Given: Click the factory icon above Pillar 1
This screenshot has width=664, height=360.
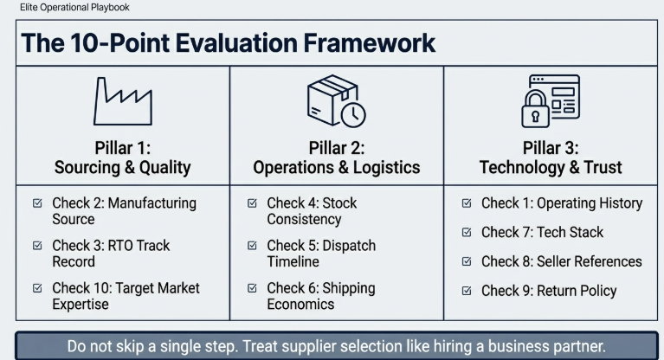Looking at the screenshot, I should click(x=122, y=101).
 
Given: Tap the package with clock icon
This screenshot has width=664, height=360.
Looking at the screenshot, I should click(x=336, y=100).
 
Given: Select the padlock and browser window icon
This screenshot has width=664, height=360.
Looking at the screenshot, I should click(x=550, y=100).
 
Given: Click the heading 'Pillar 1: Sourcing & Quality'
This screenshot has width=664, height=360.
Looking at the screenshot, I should click(x=122, y=157).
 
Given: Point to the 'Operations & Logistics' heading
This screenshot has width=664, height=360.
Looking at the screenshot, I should click(x=336, y=168).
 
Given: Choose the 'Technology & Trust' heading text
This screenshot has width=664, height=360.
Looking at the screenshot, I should click(x=550, y=168).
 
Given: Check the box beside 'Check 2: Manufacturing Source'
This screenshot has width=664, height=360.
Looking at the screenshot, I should click(x=37, y=204).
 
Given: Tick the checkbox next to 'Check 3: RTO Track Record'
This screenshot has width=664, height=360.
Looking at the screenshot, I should click(x=37, y=246).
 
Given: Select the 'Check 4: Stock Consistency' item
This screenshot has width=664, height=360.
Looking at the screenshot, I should click(x=312, y=211).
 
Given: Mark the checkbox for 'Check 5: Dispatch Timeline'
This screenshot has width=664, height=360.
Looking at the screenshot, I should click(x=252, y=246).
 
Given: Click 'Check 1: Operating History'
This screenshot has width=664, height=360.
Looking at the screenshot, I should click(x=561, y=203).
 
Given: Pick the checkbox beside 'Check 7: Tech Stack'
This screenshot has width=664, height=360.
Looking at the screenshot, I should click(x=467, y=233).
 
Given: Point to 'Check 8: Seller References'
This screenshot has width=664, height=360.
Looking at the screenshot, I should click(x=561, y=261).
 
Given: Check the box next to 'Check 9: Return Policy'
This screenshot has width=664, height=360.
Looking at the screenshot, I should click(x=467, y=291).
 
